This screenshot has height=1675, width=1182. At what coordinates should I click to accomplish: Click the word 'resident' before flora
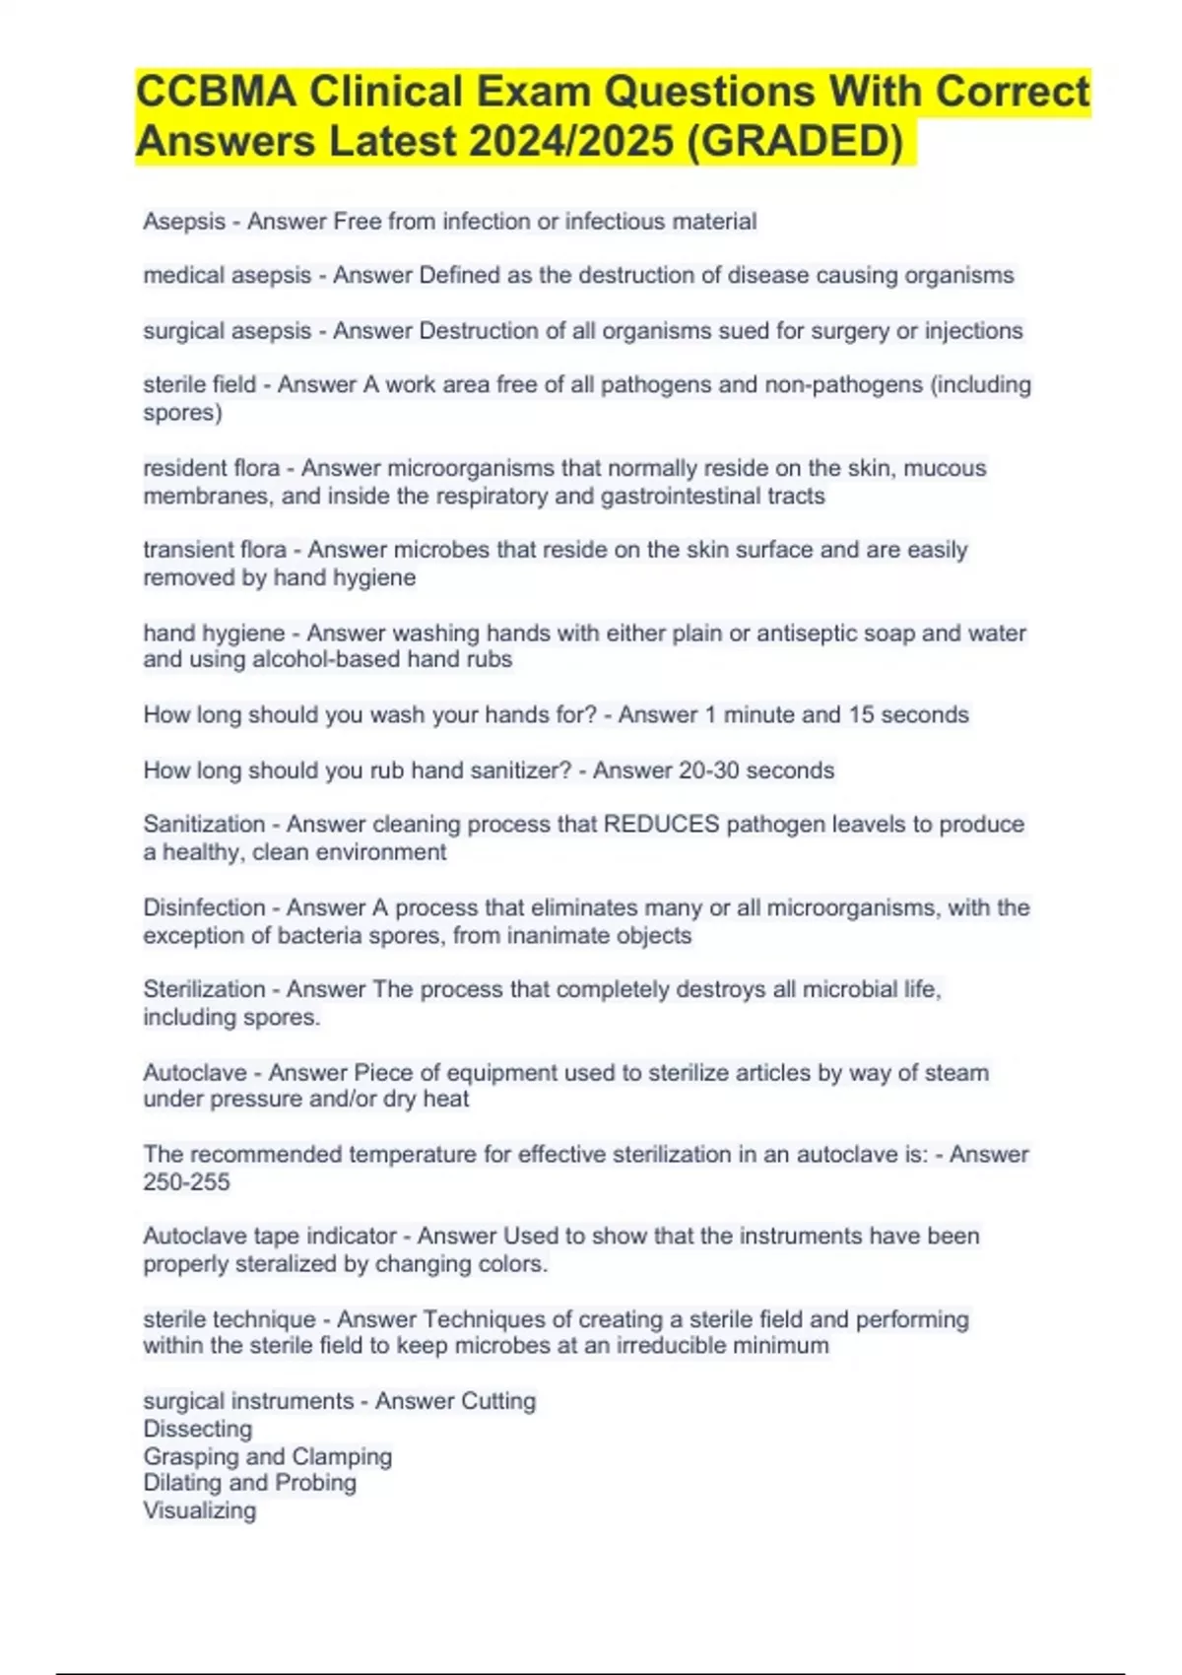183,468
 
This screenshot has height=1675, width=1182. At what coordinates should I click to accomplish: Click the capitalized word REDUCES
661,824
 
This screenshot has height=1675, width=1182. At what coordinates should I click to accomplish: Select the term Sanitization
204,824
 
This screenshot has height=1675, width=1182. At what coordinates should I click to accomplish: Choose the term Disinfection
204,907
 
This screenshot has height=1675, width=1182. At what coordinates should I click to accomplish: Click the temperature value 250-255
186,1181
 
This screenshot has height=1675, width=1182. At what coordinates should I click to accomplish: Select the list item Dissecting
198,1429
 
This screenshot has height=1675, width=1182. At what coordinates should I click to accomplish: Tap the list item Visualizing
199,1510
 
